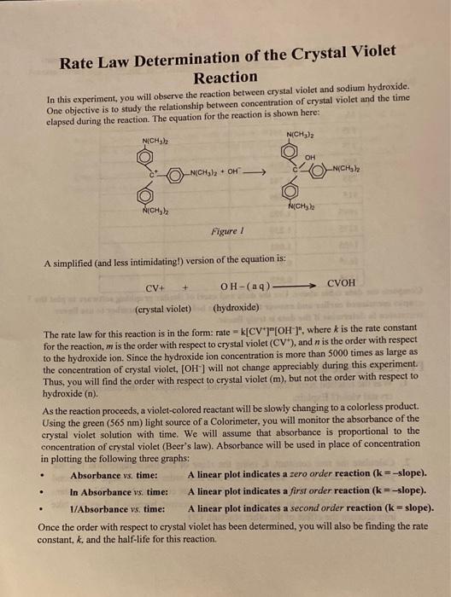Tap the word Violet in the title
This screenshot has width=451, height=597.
coord(367,52)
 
